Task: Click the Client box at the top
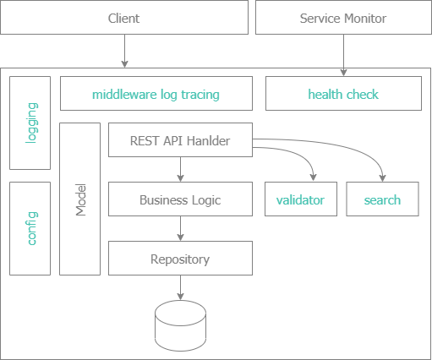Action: [124, 18]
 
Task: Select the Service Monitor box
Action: [343, 18]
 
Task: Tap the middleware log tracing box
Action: [156, 94]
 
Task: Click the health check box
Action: [343, 94]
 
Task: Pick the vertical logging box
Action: [30, 123]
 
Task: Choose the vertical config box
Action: [30, 228]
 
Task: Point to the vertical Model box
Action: [80, 199]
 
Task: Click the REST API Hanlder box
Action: [181, 140]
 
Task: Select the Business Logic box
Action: [181, 200]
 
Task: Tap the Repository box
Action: [181, 259]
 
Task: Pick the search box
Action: [382, 200]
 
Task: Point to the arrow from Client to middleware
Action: [124, 52]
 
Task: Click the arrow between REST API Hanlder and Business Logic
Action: [181, 170]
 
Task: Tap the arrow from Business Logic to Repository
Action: [181, 229]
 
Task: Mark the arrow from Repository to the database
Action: [181, 288]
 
